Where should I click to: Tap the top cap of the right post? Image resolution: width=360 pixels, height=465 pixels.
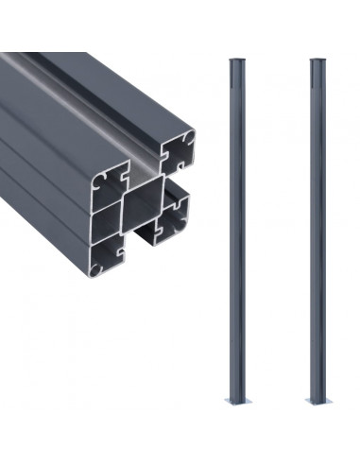coord(316,62)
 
